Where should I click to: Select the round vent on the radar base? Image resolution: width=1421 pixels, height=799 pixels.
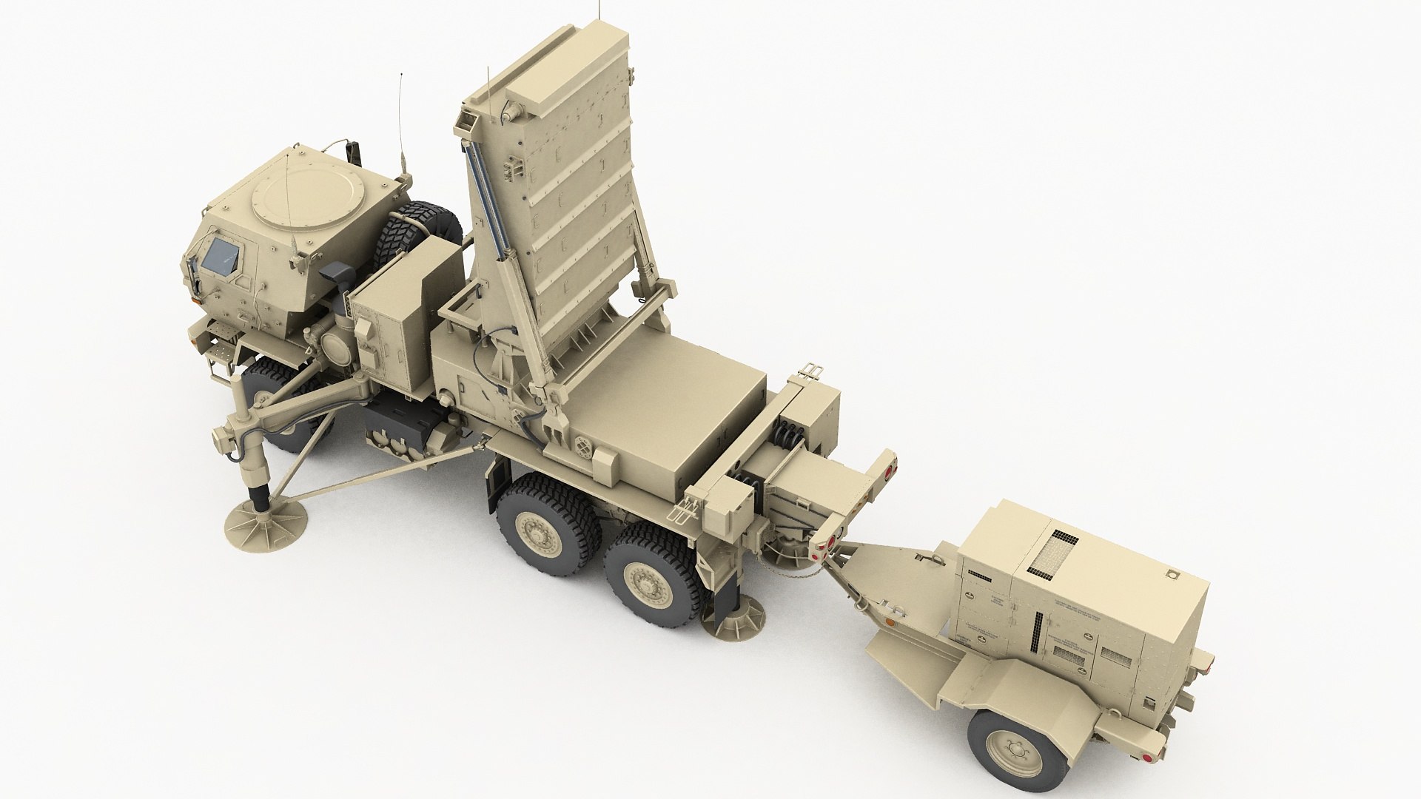585,448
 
